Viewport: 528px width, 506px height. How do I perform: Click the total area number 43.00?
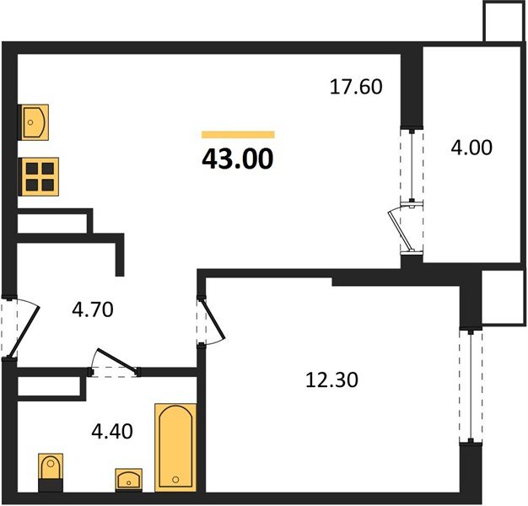[x=238, y=159]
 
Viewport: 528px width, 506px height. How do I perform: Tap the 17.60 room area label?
[x=355, y=87]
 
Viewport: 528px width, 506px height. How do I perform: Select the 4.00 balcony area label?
[x=471, y=147]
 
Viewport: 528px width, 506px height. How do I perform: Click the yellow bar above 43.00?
[x=238, y=134]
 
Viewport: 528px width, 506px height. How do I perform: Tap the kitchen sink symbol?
[x=34, y=123]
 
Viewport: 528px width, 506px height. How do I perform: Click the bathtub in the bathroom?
[x=175, y=446]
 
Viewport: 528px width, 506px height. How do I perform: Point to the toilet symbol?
[x=51, y=471]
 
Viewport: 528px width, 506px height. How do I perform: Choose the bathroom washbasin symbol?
[x=128, y=480]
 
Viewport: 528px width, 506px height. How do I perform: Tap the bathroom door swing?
[x=116, y=363]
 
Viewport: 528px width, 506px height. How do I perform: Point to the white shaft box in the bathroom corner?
[x=51, y=387]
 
